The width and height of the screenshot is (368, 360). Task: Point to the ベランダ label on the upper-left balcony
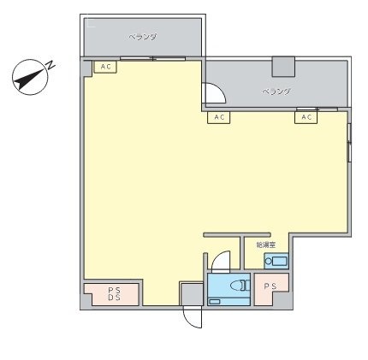[143, 38]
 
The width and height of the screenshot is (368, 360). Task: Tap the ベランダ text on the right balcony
[276, 91]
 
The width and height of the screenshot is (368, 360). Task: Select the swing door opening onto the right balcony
[211, 94]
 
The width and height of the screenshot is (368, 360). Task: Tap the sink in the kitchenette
[276, 260]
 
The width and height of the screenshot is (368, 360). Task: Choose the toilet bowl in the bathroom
[240, 286]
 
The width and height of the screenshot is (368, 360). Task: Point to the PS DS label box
[113, 294]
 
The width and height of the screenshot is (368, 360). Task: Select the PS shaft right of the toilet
[270, 286]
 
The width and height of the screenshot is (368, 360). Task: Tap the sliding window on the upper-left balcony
[153, 58]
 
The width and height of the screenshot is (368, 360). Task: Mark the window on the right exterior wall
[349, 142]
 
